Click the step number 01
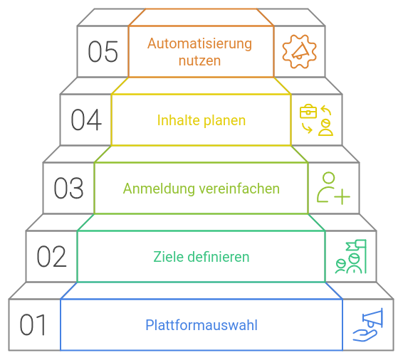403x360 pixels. (33, 325)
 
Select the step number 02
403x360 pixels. (51, 257)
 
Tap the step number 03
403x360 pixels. (68, 189)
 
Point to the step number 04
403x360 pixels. (86, 120)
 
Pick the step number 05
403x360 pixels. (103, 51)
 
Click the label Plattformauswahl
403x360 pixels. (201, 325)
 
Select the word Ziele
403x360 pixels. (168, 257)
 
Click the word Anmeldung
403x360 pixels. (159, 189)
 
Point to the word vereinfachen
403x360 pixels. (239, 189)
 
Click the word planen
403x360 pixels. (224, 121)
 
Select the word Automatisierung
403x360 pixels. (199, 43)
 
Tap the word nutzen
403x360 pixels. (199, 61)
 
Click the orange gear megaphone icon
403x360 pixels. (300, 51)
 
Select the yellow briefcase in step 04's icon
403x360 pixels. (308, 112)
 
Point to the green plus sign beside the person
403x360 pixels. (342, 197)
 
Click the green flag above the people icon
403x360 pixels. (356, 245)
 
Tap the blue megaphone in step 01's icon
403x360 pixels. (372, 318)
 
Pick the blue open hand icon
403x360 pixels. (365, 335)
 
